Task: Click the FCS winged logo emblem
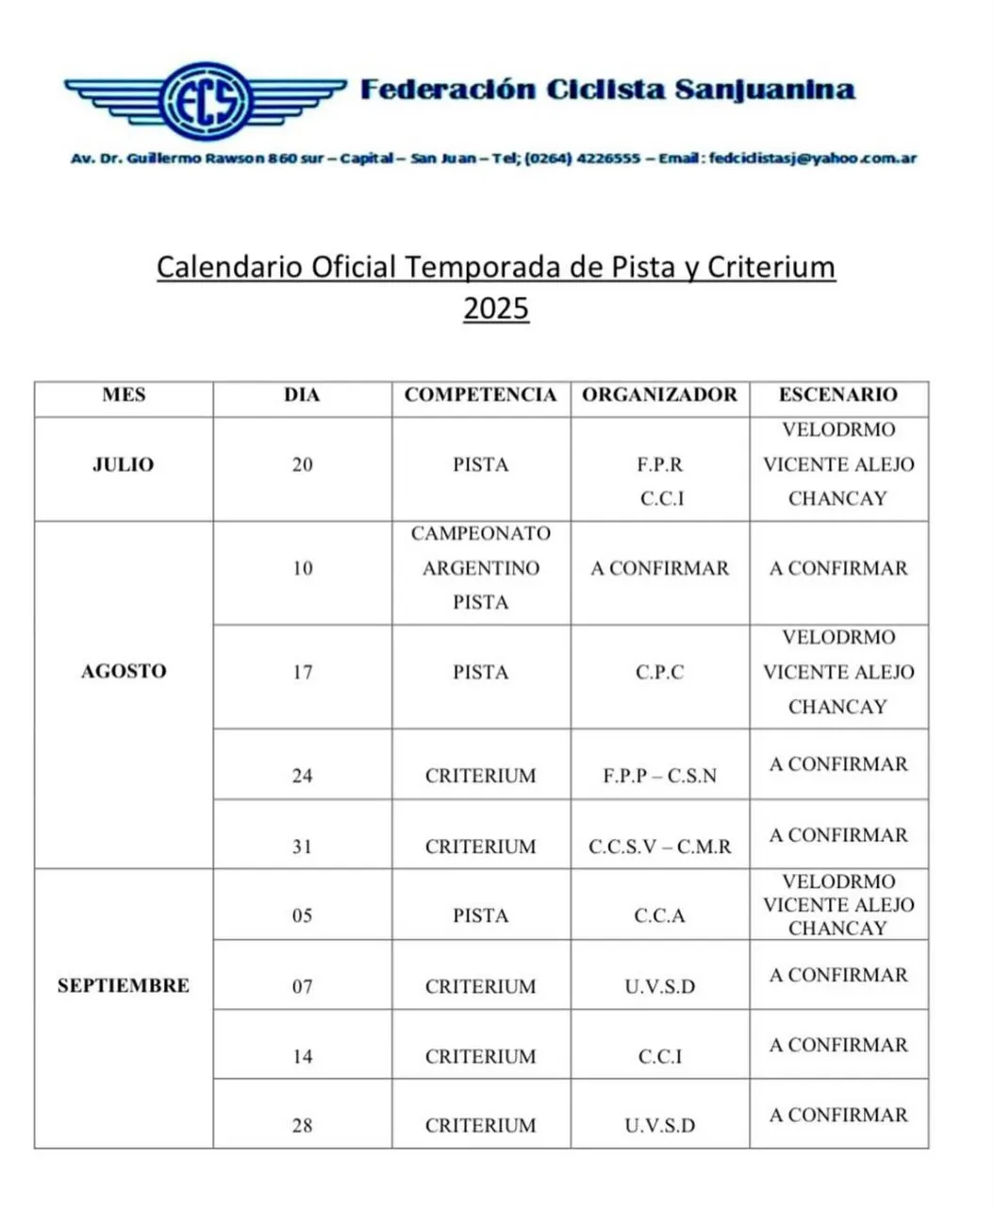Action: click(x=206, y=97)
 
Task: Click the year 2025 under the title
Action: click(x=496, y=310)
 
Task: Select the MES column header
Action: click(x=124, y=395)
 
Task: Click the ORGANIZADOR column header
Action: click(x=659, y=395)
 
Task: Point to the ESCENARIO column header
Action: click(x=837, y=395)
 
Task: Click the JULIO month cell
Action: click(x=124, y=464)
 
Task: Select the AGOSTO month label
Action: click(x=124, y=672)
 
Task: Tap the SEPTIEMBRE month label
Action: click(x=124, y=986)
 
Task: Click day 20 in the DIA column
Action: click(x=302, y=464)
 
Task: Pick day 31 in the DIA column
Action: click(x=302, y=847)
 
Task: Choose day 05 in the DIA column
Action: click(x=302, y=915)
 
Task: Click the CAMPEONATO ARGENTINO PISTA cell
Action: click(x=481, y=568)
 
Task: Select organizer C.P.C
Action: click(x=659, y=672)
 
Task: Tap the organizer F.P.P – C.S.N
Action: click(x=659, y=776)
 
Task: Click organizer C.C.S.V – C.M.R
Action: click(x=659, y=847)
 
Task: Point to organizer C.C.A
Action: click(x=659, y=915)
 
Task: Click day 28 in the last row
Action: click(x=302, y=1126)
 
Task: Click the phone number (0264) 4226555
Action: click(x=583, y=159)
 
